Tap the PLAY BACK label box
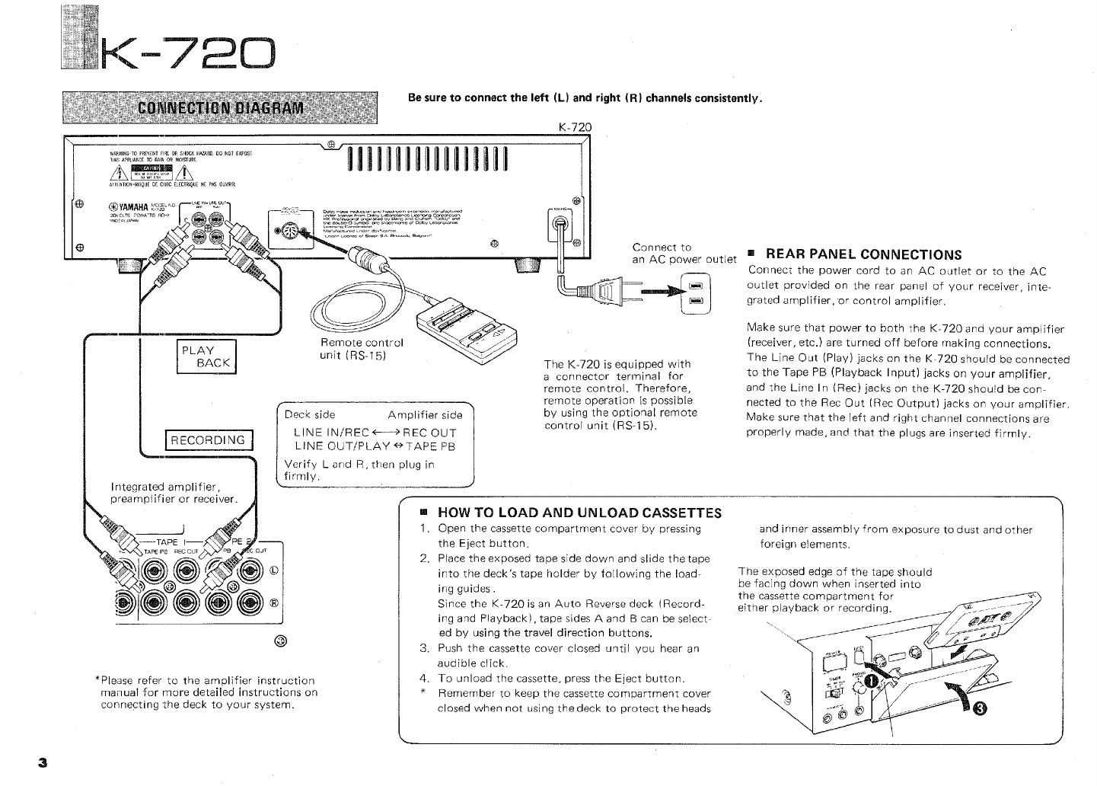[206, 357]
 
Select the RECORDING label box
[208, 440]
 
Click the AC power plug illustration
[601, 290]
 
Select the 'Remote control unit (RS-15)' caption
[362, 349]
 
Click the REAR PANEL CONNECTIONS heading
[863, 254]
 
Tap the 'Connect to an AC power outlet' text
[684, 253]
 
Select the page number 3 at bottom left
[43, 762]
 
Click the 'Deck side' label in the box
[310, 415]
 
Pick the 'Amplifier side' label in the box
[424, 415]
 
